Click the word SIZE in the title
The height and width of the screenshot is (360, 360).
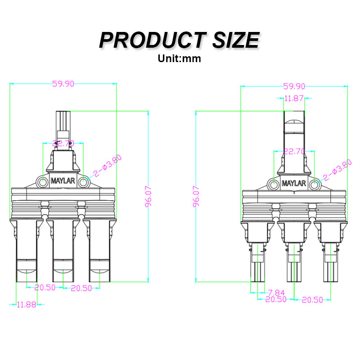pos(233,40)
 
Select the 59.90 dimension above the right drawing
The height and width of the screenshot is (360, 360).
pos(294,86)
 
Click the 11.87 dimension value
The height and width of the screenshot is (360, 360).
pos(295,99)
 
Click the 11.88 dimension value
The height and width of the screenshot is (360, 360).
pos(27,305)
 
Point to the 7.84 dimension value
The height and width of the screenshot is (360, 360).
pos(276,292)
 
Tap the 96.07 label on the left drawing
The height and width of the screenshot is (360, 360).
pos(148,196)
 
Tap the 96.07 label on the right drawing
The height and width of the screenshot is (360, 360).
pos(197,196)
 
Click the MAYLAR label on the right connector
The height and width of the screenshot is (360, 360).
pos(294,183)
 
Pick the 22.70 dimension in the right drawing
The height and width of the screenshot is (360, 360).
pos(295,152)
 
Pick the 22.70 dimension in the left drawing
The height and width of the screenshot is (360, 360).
pos(63,144)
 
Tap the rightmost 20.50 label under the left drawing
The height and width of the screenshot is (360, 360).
pos(81,288)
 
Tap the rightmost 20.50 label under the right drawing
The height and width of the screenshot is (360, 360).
pos(312,300)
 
